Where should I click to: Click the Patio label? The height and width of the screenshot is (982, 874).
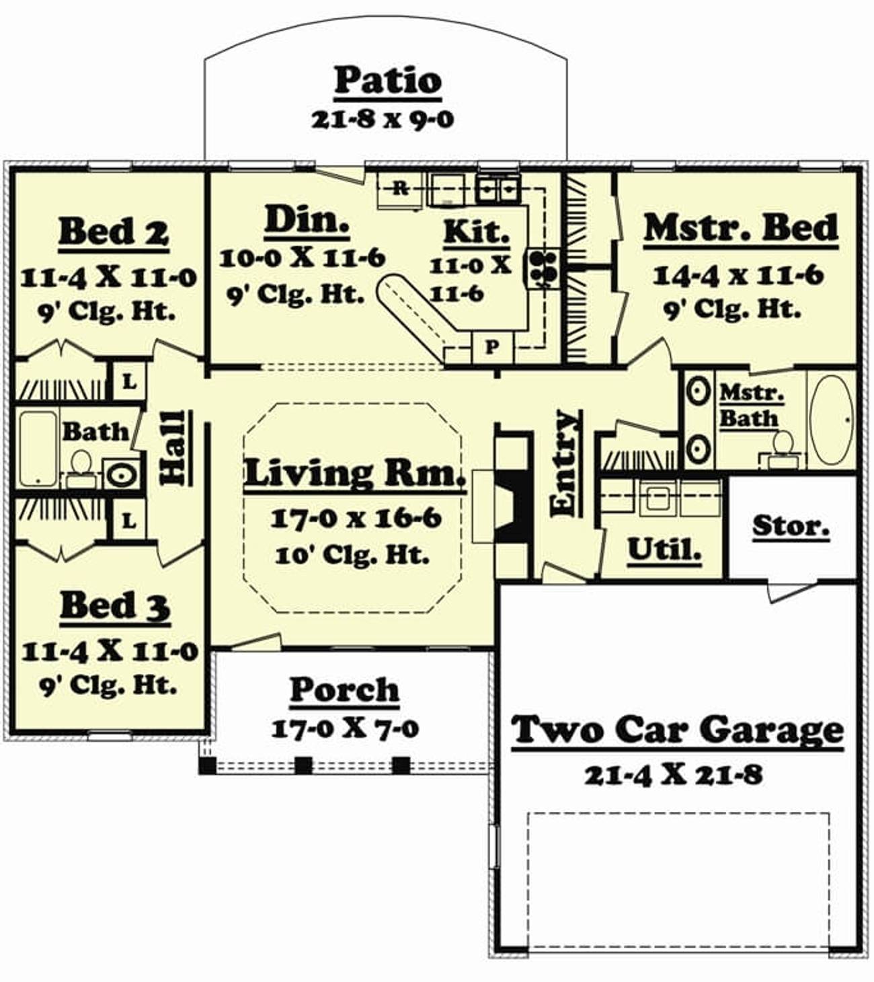coord(387,81)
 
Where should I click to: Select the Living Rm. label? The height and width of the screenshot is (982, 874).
coord(354,474)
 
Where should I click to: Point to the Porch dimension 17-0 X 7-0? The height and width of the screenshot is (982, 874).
coord(345,728)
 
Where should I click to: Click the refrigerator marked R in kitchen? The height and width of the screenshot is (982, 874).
coord(401,189)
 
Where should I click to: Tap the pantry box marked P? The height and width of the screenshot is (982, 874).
coord(492,348)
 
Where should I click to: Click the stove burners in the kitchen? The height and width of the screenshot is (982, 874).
coord(543,268)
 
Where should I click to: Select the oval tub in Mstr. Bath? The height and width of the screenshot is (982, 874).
coord(831,420)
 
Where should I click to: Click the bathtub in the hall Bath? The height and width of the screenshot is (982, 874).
coord(38,449)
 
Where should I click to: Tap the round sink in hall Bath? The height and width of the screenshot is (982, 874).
coord(122,475)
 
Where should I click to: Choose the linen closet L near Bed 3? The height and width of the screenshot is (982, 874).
coord(129,521)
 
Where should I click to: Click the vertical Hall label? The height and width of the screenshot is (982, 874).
coord(174,448)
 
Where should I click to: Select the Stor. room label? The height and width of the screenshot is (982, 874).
coord(791,527)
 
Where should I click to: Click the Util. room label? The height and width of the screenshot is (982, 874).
coord(664,551)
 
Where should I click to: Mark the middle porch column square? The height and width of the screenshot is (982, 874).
coord(304,765)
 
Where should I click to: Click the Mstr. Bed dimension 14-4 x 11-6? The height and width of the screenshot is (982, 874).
coord(738,275)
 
